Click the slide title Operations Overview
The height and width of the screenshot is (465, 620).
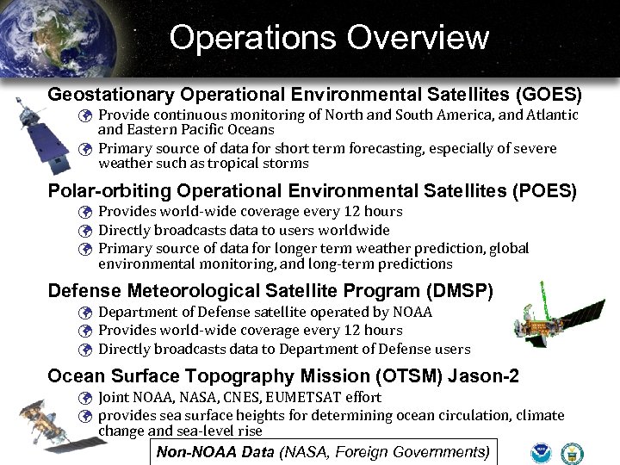click(x=329, y=38)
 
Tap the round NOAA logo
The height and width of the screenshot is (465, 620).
click(x=542, y=452)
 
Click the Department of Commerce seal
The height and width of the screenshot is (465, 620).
click(x=572, y=452)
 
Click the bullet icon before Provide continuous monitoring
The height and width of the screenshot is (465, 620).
click(x=84, y=115)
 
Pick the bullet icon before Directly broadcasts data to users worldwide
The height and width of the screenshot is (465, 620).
click(x=84, y=231)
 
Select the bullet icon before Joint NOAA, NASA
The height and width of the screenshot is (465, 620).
click(x=84, y=398)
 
